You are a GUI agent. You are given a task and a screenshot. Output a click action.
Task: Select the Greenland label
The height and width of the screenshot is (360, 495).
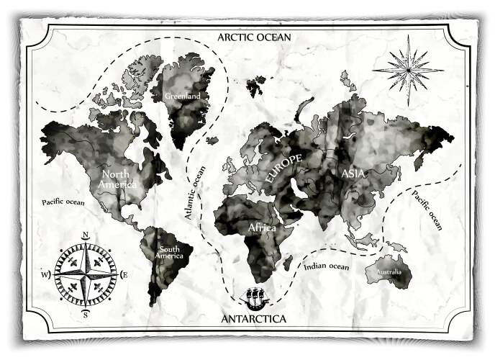coord(181,96)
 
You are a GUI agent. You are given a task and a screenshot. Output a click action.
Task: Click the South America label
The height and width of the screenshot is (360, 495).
coord(170,252)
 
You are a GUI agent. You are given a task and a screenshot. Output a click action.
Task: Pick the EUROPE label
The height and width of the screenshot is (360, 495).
coord(285,168)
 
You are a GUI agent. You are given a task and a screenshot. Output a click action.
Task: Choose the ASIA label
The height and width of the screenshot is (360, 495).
coord(353,174)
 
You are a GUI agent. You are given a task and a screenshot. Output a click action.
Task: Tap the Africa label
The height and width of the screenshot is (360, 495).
coord(263,228)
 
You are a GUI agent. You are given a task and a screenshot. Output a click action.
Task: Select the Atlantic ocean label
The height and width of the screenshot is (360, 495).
coord(194,193)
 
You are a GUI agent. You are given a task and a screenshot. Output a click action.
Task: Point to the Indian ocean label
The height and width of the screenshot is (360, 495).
coord(326,267)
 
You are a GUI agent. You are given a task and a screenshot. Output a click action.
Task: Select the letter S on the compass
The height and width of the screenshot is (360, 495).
coord(85,315)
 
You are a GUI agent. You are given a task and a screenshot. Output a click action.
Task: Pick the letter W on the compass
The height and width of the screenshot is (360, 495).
coord(45,275)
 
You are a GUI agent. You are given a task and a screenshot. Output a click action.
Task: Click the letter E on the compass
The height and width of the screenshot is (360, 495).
coord(124,274)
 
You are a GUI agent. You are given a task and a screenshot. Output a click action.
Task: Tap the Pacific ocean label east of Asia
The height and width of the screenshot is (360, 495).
coord(427,211)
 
